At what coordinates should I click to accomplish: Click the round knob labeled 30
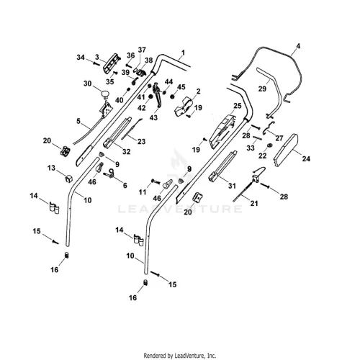[105, 94]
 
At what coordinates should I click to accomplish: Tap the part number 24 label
[306, 158]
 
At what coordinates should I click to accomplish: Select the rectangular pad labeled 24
[286, 150]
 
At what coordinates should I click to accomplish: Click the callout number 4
[298, 46]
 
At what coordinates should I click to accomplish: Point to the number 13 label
[51, 168]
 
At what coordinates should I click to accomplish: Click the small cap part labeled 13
[69, 179]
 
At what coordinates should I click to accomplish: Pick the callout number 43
[153, 117]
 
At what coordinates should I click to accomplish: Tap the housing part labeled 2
[183, 107]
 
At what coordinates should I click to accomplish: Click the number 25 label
[238, 106]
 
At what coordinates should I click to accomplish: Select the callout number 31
[232, 186]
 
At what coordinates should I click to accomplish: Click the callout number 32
[127, 152]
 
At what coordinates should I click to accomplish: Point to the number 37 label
[142, 50]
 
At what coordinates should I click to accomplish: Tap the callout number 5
[78, 121]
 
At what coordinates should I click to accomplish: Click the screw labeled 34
[96, 63]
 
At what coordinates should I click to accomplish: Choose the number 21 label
[254, 204]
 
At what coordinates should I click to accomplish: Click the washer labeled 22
[269, 145]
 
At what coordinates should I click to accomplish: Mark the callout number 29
[262, 89]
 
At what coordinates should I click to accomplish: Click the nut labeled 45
[172, 96]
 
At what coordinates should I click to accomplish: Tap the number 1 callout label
[183, 53]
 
